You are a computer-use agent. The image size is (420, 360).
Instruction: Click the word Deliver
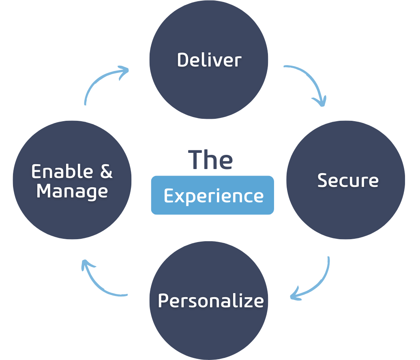[x=209, y=60]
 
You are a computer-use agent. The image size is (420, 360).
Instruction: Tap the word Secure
[x=348, y=180]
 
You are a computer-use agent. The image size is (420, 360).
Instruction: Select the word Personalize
[x=211, y=301]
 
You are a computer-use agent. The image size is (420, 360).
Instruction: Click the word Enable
[x=60, y=171]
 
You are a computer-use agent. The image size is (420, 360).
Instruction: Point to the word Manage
[x=72, y=191]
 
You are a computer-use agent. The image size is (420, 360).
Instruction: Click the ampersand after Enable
[x=106, y=171]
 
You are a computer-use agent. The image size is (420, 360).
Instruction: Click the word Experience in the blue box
[x=213, y=196]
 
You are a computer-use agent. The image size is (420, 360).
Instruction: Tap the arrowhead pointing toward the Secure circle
[x=321, y=101]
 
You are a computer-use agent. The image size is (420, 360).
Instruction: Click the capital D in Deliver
[x=183, y=60]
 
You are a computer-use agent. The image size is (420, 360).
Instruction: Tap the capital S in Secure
[x=323, y=180]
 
